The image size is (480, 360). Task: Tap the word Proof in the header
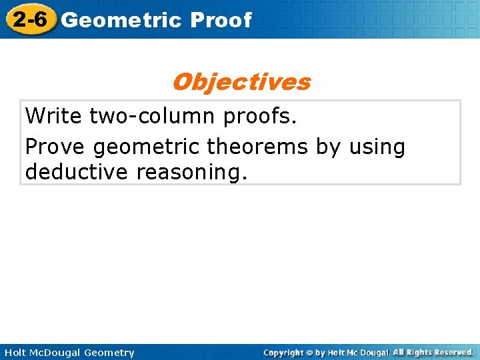[221, 20]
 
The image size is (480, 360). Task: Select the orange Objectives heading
[241, 82]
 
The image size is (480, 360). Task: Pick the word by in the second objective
[327, 146]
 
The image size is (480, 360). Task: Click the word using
[377, 146]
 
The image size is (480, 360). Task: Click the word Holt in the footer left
[16, 353]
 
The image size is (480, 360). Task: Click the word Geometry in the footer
[109, 353]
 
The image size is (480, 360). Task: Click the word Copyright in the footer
[283, 353]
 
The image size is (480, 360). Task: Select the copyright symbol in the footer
[309, 353]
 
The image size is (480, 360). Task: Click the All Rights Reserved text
[433, 352]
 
